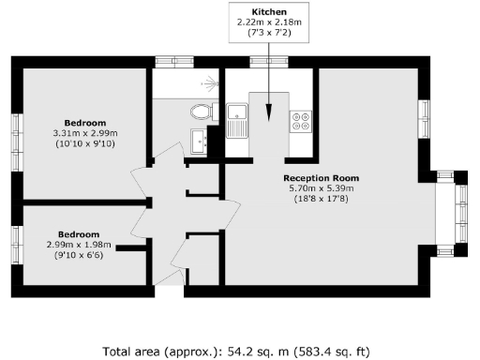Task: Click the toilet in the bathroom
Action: coord(200,112)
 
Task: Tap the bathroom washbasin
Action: coord(198,141)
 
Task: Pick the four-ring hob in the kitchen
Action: coord(303,121)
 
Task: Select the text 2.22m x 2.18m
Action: coord(270,22)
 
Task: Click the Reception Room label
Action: coord(321,177)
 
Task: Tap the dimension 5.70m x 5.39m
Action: coord(321,187)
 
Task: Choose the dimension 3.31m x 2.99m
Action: coord(85,134)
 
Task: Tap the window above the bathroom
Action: coord(174,62)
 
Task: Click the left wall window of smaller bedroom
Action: coord(16,240)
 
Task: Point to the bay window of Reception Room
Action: coord(460,205)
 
